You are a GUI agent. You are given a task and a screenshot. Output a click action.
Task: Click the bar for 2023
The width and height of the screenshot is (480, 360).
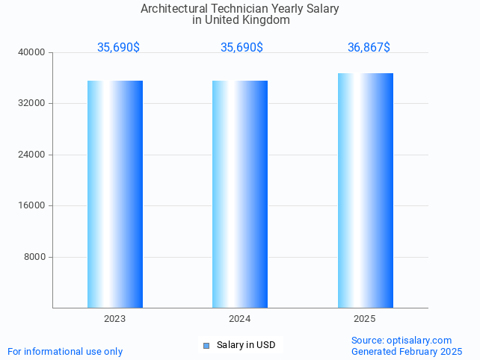click(115, 194)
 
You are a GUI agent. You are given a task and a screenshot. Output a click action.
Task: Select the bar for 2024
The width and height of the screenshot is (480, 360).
click(240, 194)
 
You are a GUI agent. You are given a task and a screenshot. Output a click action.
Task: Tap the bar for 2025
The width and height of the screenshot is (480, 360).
click(365, 190)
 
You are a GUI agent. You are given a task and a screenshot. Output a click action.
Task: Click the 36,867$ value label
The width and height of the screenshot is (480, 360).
click(369, 48)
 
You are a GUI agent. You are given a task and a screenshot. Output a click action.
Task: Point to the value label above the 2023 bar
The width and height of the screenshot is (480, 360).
click(118, 48)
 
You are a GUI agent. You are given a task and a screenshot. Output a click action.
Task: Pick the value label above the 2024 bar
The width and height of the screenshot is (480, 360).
click(241, 48)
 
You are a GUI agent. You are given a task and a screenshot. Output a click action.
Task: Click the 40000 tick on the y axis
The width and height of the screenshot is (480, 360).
click(32, 52)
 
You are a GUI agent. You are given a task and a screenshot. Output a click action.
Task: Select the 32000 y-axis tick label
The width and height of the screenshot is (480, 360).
click(32, 104)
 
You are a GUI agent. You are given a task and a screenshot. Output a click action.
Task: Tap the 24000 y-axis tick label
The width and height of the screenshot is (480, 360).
click(32, 155)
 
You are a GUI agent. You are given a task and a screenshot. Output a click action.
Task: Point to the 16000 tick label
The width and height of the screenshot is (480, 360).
click(32, 206)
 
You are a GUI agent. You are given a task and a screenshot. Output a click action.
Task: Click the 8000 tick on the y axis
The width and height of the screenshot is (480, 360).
click(34, 257)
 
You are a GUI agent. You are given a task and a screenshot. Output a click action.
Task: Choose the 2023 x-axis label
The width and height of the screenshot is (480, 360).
click(115, 319)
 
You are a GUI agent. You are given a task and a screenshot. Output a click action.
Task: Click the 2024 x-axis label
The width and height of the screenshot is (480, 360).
click(240, 319)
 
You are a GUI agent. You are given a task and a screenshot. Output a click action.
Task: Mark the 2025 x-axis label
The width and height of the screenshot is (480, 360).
click(365, 319)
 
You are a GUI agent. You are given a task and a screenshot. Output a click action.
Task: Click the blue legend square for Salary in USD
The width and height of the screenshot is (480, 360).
click(206, 345)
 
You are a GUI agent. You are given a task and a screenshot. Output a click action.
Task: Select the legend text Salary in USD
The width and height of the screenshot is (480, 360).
click(246, 345)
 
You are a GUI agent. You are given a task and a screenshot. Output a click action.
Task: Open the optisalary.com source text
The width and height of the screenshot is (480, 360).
click(401, 341)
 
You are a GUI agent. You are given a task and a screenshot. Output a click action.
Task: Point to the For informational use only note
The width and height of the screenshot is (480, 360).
click(65, 351)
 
